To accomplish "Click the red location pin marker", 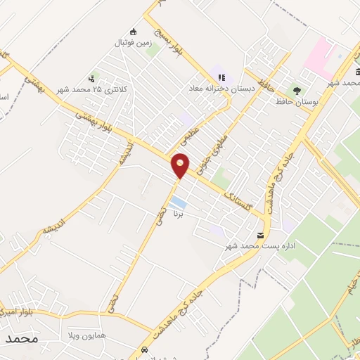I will pos(181,165).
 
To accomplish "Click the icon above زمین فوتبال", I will pos(134,31).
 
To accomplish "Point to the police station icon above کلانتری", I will pos(91,79).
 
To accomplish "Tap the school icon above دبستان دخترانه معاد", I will pos(221,78).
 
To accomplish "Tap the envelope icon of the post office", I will pos(261,236).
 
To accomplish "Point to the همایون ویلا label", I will pos(87,336).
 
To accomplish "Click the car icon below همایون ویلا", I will pos(145,349).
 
